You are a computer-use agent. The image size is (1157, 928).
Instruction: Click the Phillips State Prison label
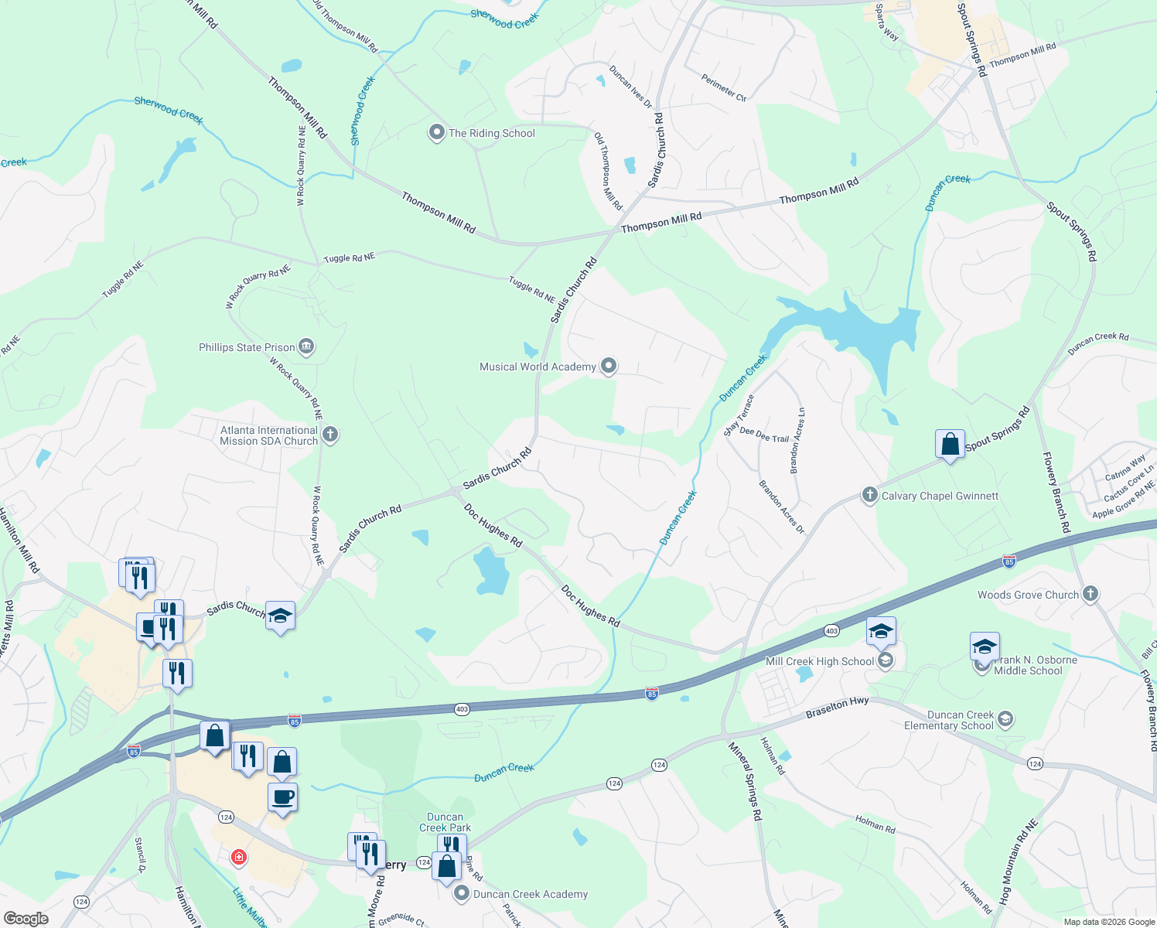247,347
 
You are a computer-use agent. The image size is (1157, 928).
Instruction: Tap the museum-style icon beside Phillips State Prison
306,346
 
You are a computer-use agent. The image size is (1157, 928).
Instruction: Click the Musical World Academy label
538,367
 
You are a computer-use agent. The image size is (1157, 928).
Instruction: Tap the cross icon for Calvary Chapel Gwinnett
869,495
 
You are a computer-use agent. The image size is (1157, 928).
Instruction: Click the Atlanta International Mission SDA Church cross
330,435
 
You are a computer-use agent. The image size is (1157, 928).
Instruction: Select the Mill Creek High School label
819,661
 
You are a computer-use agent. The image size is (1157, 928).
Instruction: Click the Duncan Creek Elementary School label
949,720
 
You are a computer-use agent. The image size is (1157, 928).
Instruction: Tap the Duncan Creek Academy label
531,894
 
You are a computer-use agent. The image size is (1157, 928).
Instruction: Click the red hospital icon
239,857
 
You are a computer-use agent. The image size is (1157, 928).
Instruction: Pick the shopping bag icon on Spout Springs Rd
950,445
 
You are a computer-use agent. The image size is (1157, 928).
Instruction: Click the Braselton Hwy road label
837,707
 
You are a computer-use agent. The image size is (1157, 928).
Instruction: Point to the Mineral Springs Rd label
746,781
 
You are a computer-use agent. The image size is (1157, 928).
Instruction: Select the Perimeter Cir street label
724,87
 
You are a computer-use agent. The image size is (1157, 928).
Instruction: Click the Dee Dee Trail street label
763,435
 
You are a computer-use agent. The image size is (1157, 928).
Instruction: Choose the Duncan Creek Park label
445,822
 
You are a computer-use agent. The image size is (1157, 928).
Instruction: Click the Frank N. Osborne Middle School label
1034,665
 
